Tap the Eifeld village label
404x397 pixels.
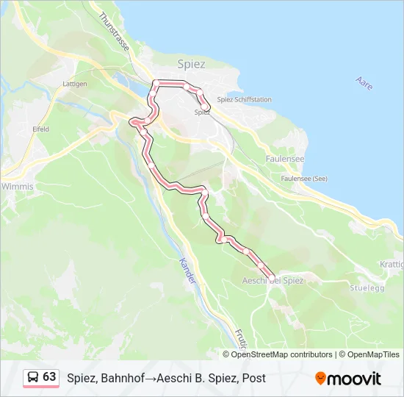pyautogui.click(x=40, y=129)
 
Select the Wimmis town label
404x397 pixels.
pyautogui.click(x=17, y=187)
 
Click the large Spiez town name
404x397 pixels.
pyautogui.click(x=191, y=64)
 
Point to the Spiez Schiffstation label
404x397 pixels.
pyautogui.click(x=245, y=100)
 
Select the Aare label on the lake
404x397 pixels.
pyautogui.click(x=364, y=84)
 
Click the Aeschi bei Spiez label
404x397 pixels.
pyautogui.click(x=273, y=281)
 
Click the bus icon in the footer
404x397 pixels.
pyautogui.click(x=33, y=377)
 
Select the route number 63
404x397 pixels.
pyautogui.click(x=49, y=377)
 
